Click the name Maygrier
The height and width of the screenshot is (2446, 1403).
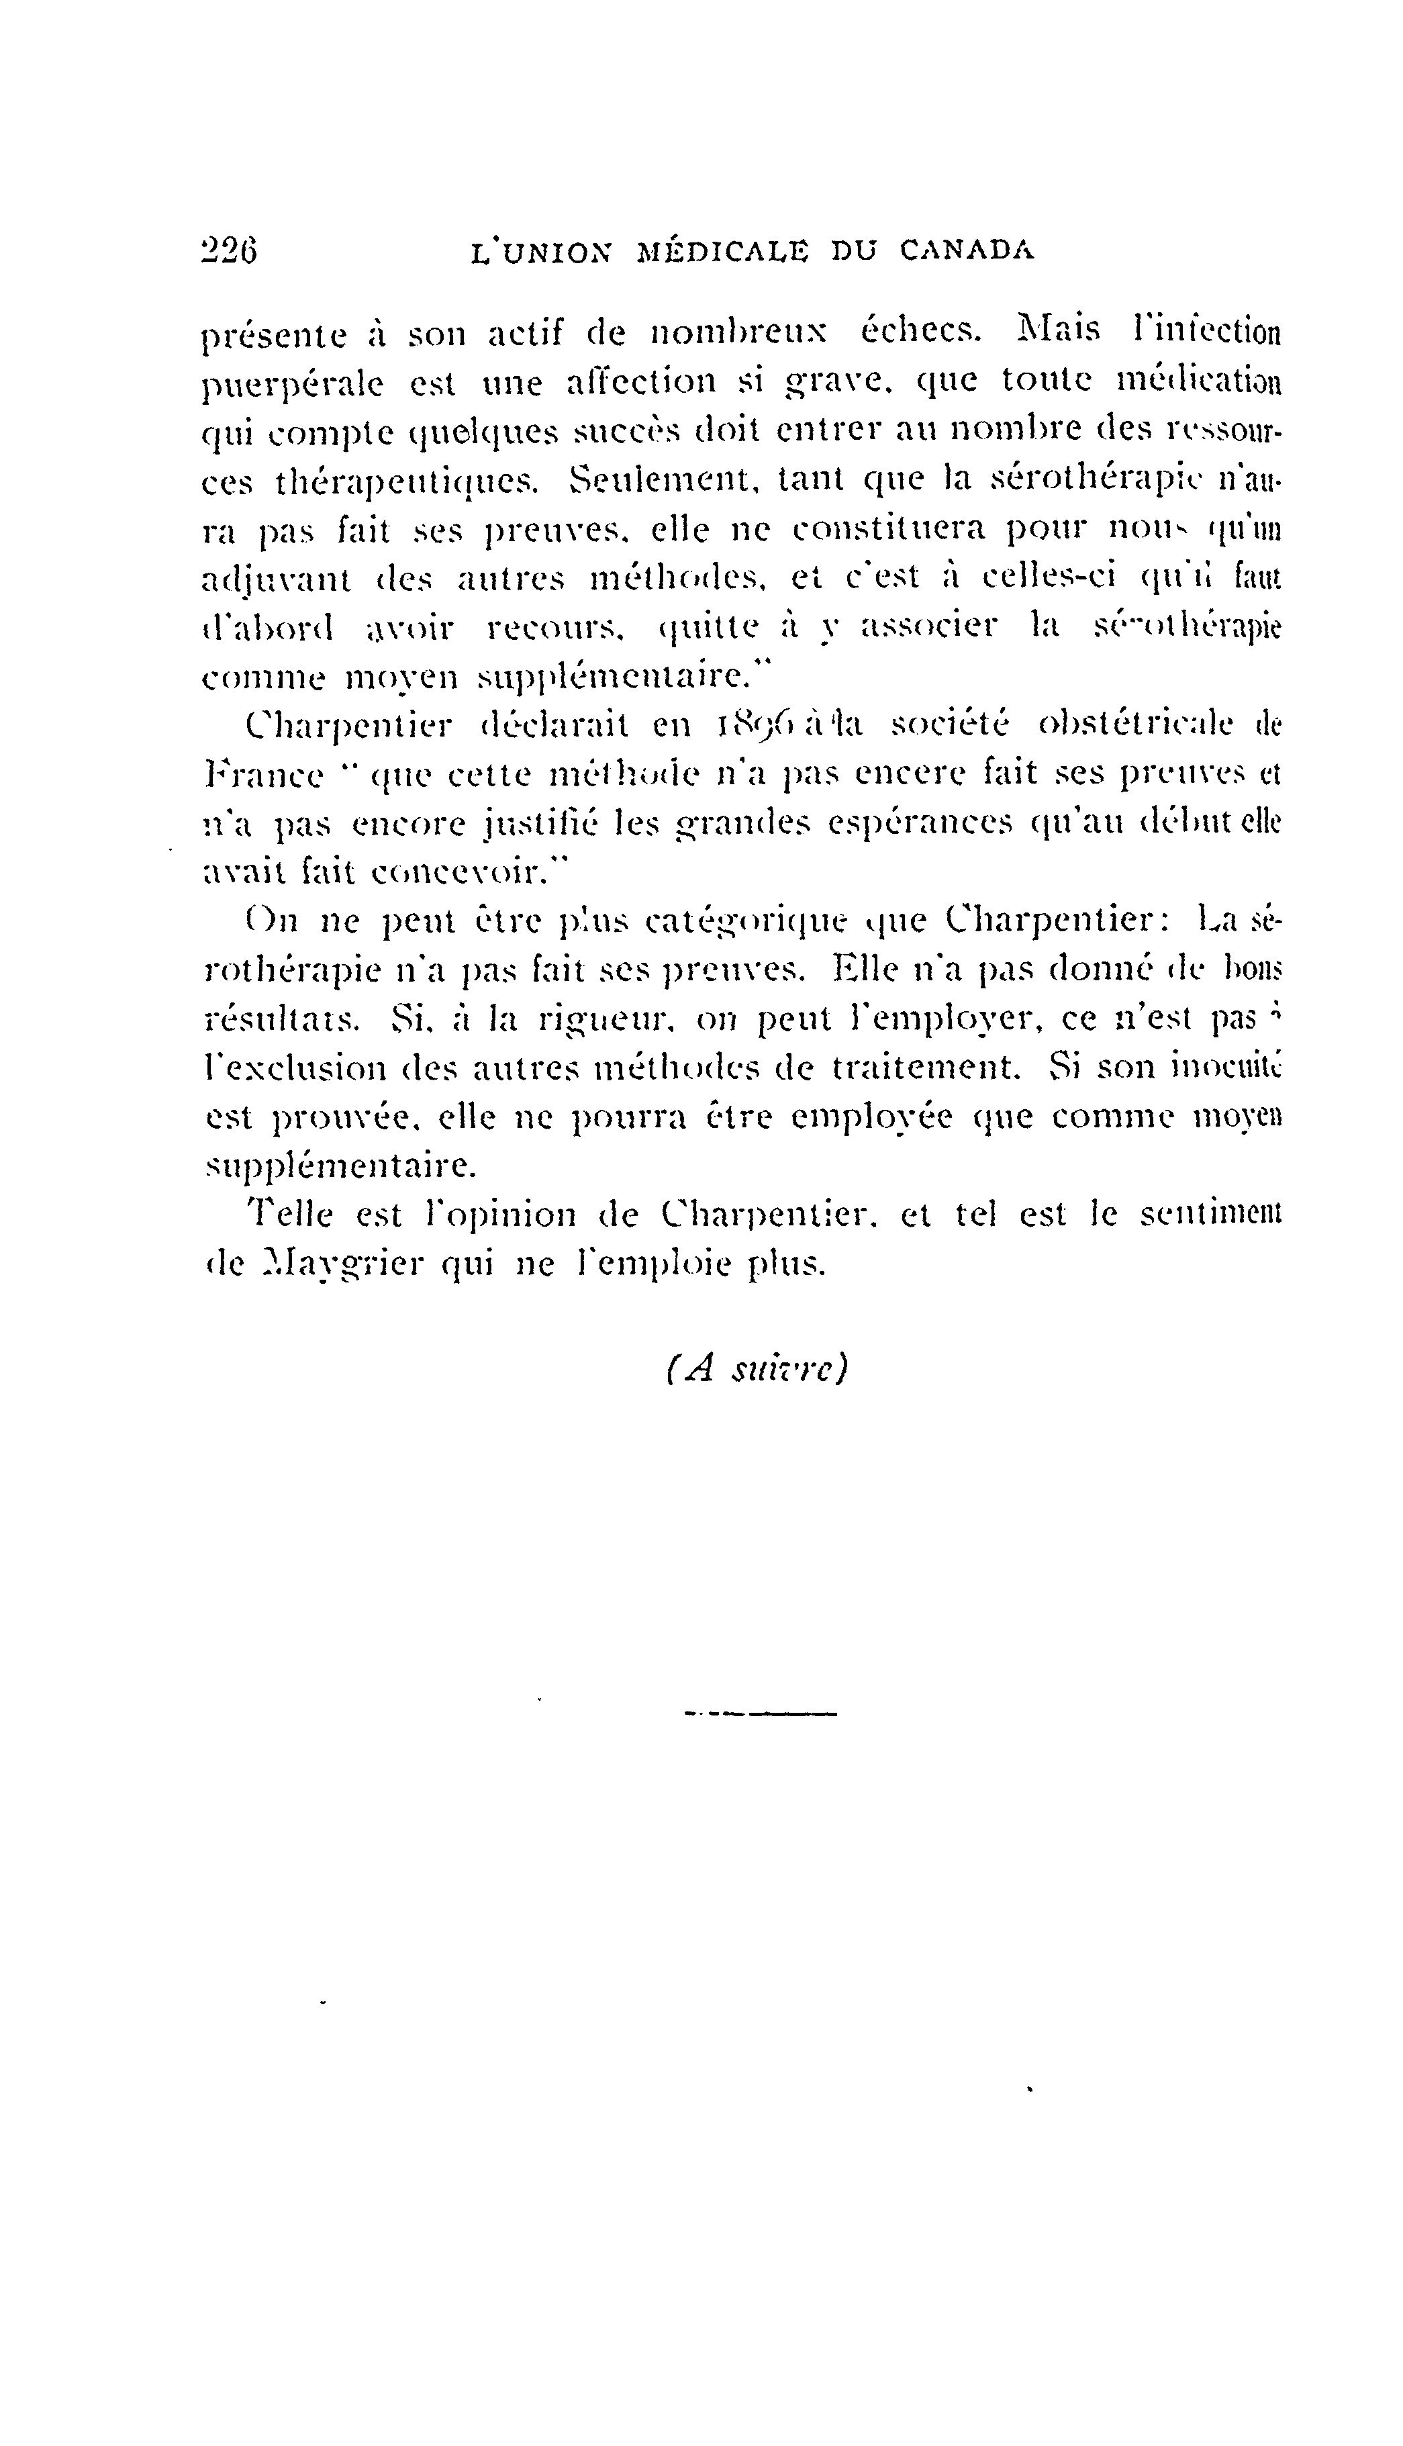[x=343, y=1264]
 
